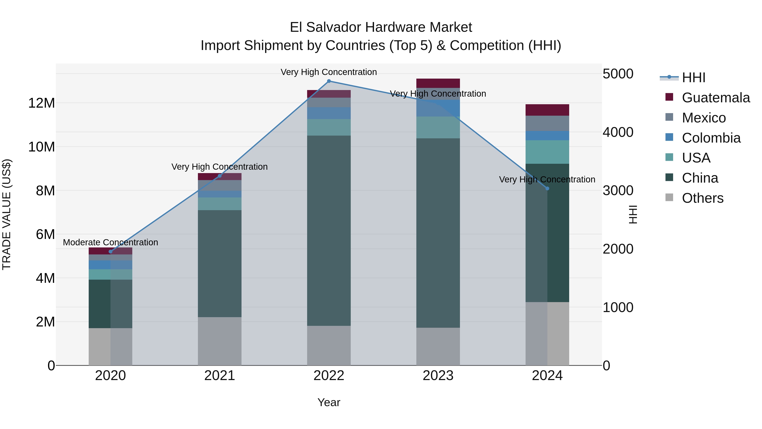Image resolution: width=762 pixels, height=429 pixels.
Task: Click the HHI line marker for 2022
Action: [x=329, y=81]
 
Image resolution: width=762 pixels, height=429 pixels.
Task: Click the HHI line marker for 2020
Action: [x=111, y=252]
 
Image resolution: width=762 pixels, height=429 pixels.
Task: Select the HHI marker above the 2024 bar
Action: [x=547, y=189]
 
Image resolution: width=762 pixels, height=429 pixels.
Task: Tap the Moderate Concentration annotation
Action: [x=110, y=243]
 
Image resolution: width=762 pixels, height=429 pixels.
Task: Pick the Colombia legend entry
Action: [x=711, y=138]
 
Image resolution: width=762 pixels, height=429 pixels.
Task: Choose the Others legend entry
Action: [x=703, y=198]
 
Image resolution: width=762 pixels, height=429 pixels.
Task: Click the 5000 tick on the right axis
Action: [x=618, y=74]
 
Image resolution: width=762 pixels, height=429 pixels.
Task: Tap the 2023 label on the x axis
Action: [x=438, y=376]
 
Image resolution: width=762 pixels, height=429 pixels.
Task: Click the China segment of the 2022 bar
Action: [x=329, y=231]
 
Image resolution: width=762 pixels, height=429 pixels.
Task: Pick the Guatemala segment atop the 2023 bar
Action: [x=438, y=83]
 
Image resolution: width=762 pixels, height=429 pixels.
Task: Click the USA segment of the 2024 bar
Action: [x=547, y=152]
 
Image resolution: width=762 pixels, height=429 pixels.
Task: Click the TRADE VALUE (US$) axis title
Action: [x=7, y=214]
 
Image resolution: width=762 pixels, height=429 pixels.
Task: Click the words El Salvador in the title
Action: [x=325, y=27]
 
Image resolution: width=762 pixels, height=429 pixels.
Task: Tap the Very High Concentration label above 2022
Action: [x=329, y=72]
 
